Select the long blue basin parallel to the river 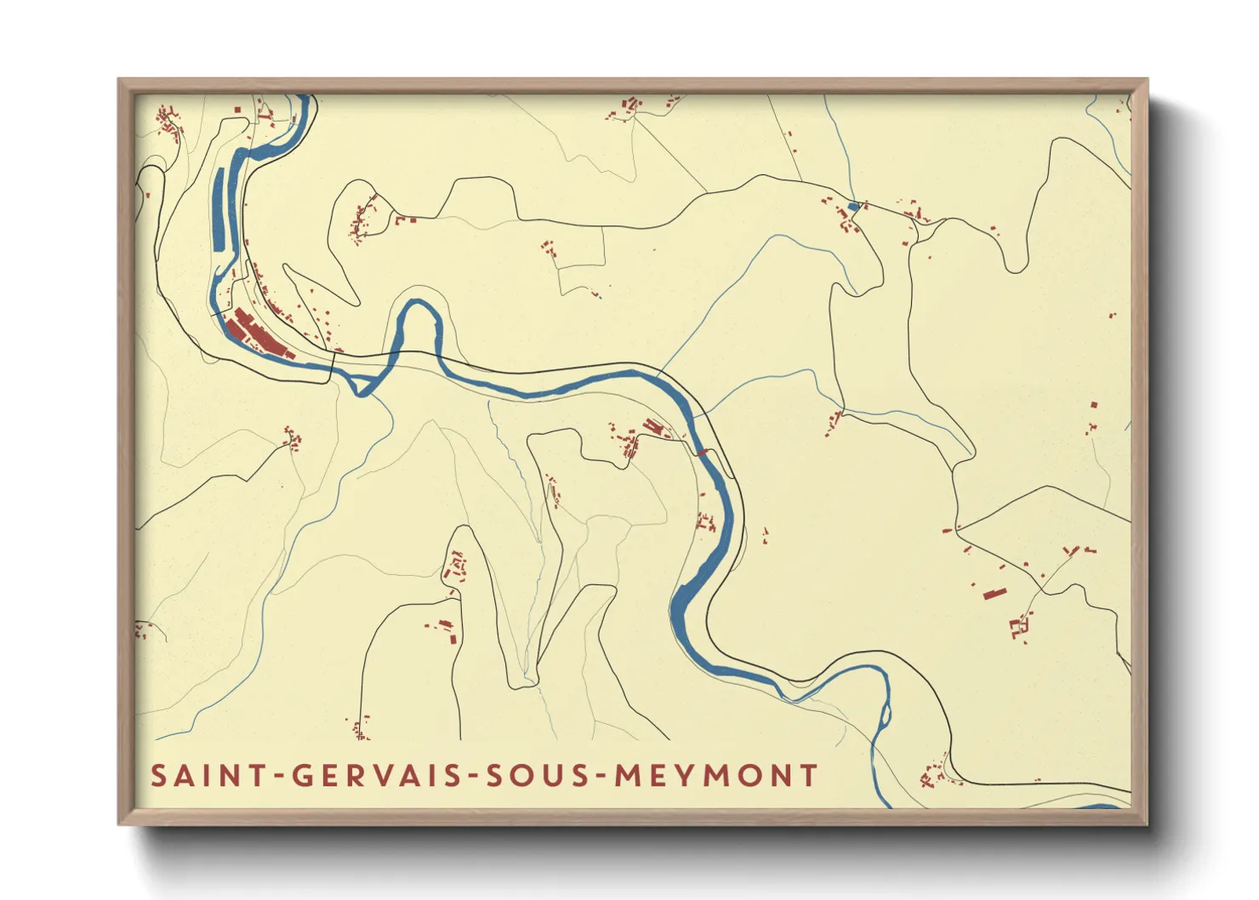(x=219, y=208)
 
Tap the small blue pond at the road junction (x=854, y=206)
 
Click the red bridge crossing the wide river (x=703, y=453)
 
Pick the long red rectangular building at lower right (x=994, y=592)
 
